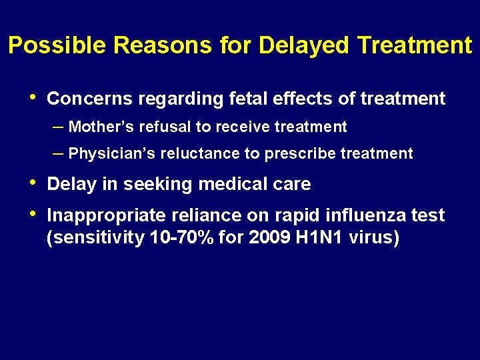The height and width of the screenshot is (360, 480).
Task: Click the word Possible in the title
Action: click(58, 45)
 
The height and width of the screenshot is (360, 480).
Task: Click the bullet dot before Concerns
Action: click(33, 98)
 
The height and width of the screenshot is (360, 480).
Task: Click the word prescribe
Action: click(301, 154)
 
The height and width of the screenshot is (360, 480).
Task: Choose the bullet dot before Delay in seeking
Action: click(33, 183)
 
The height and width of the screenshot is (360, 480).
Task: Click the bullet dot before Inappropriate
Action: click(33, 214)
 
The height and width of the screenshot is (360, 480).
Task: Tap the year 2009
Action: click(262, 238)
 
